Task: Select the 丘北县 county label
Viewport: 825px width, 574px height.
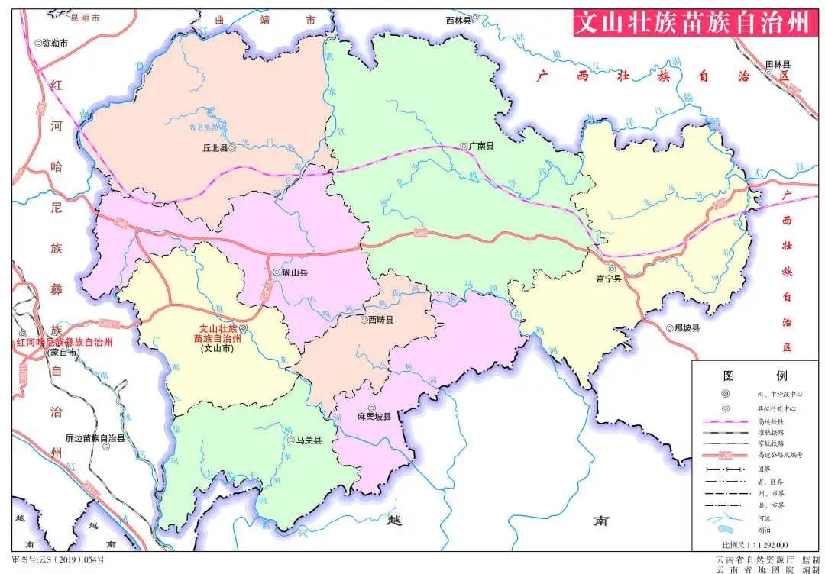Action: coord(214,149)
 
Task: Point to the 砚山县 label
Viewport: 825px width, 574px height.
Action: coord(294,272)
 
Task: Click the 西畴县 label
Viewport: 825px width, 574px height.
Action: coord(380,321)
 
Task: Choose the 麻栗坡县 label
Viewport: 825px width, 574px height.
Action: coord(374,418)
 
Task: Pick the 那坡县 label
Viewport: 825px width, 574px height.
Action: coord(687,328)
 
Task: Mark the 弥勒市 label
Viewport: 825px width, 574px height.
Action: coord(55,44)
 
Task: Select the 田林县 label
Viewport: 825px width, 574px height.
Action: coord(778,65)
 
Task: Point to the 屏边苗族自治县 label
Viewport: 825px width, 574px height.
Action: coord(95,439)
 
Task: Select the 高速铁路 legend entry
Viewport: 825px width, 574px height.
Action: coord(770,421)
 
